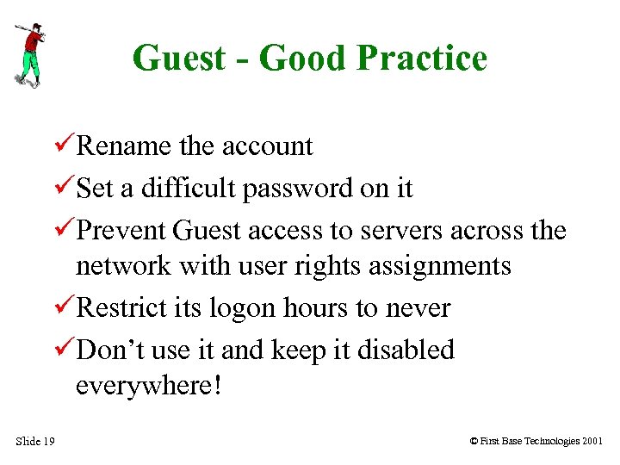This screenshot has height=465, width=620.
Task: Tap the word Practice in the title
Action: click(421, 59)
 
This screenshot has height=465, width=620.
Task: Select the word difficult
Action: click(187, 188)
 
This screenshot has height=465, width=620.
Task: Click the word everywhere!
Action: click(149, 386)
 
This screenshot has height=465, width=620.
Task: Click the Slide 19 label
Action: click(35, 442)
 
